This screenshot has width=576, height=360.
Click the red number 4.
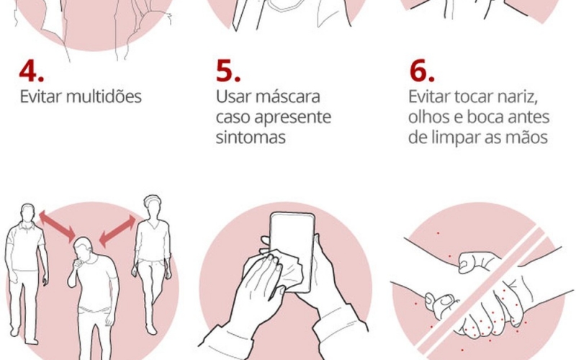(x=31, y=71)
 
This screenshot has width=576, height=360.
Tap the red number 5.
(x=228, y=71)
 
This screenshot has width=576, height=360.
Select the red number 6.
(x=422, y=71)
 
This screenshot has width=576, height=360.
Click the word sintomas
(x=251, y=138)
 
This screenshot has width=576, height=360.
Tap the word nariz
(x=518, y=97)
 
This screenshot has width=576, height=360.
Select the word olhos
(x=428, y=117)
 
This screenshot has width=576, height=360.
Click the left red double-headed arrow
(x=57, y=226)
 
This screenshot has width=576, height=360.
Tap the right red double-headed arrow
(x=117, y=230)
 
